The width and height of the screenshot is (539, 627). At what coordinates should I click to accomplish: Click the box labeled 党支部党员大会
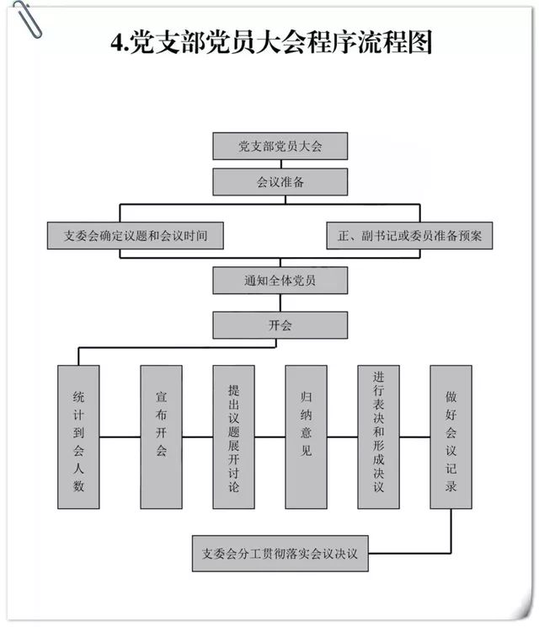(x=280, y=146)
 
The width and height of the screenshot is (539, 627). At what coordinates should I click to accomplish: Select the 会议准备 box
(x=280, y=182)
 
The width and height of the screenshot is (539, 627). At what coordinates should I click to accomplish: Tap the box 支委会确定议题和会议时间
(x=135, y=235)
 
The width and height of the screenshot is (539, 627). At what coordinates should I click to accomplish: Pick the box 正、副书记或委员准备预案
(x=409, y=235)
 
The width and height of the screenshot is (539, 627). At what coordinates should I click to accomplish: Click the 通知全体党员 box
(x=280, y=281)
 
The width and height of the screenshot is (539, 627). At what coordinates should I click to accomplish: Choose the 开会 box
(x=280, y=325)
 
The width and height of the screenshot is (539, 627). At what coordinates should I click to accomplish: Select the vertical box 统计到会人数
(x=78, y=437)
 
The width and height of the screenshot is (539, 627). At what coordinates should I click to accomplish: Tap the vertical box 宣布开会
(x=161, y=437)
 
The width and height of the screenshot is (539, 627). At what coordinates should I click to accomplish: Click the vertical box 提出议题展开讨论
(x=234, y=437)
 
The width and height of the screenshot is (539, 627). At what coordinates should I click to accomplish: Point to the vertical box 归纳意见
(x=306, y=437)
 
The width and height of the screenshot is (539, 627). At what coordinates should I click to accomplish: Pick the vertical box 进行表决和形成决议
(x=378, y=437)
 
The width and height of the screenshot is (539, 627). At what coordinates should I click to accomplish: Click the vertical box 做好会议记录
(x=451, y=437)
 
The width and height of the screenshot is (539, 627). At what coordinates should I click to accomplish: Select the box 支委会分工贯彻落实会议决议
(x=280, y=554)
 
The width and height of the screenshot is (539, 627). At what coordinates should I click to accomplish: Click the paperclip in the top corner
(x=27, y=20)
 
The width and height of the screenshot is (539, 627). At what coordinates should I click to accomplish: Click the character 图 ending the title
(x=419, y=42)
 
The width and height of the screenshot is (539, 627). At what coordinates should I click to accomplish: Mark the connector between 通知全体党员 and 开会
(x=280, y=303)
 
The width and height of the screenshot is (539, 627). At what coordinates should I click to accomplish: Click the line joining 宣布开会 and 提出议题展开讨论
(x=197, y=437)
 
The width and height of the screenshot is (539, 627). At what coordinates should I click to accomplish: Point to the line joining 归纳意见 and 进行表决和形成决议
(x=343, y=437)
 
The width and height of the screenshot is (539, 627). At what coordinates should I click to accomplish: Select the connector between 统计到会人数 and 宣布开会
(x=120, y=437)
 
